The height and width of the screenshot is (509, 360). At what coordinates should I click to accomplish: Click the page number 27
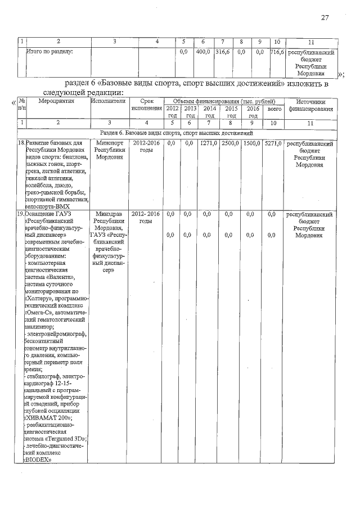click(x=325, y=17)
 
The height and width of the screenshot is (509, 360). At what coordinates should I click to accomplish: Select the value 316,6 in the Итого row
click(x=223, y=52)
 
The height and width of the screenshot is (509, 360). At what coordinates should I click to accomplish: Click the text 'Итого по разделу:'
click(x=50, y=52)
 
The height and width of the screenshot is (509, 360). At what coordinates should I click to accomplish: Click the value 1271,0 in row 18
click(x=209, y=143)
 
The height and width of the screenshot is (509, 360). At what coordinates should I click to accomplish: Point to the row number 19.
click(x=20, y=214)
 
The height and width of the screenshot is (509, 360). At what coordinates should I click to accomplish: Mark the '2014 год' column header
click(x=210, y=111)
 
